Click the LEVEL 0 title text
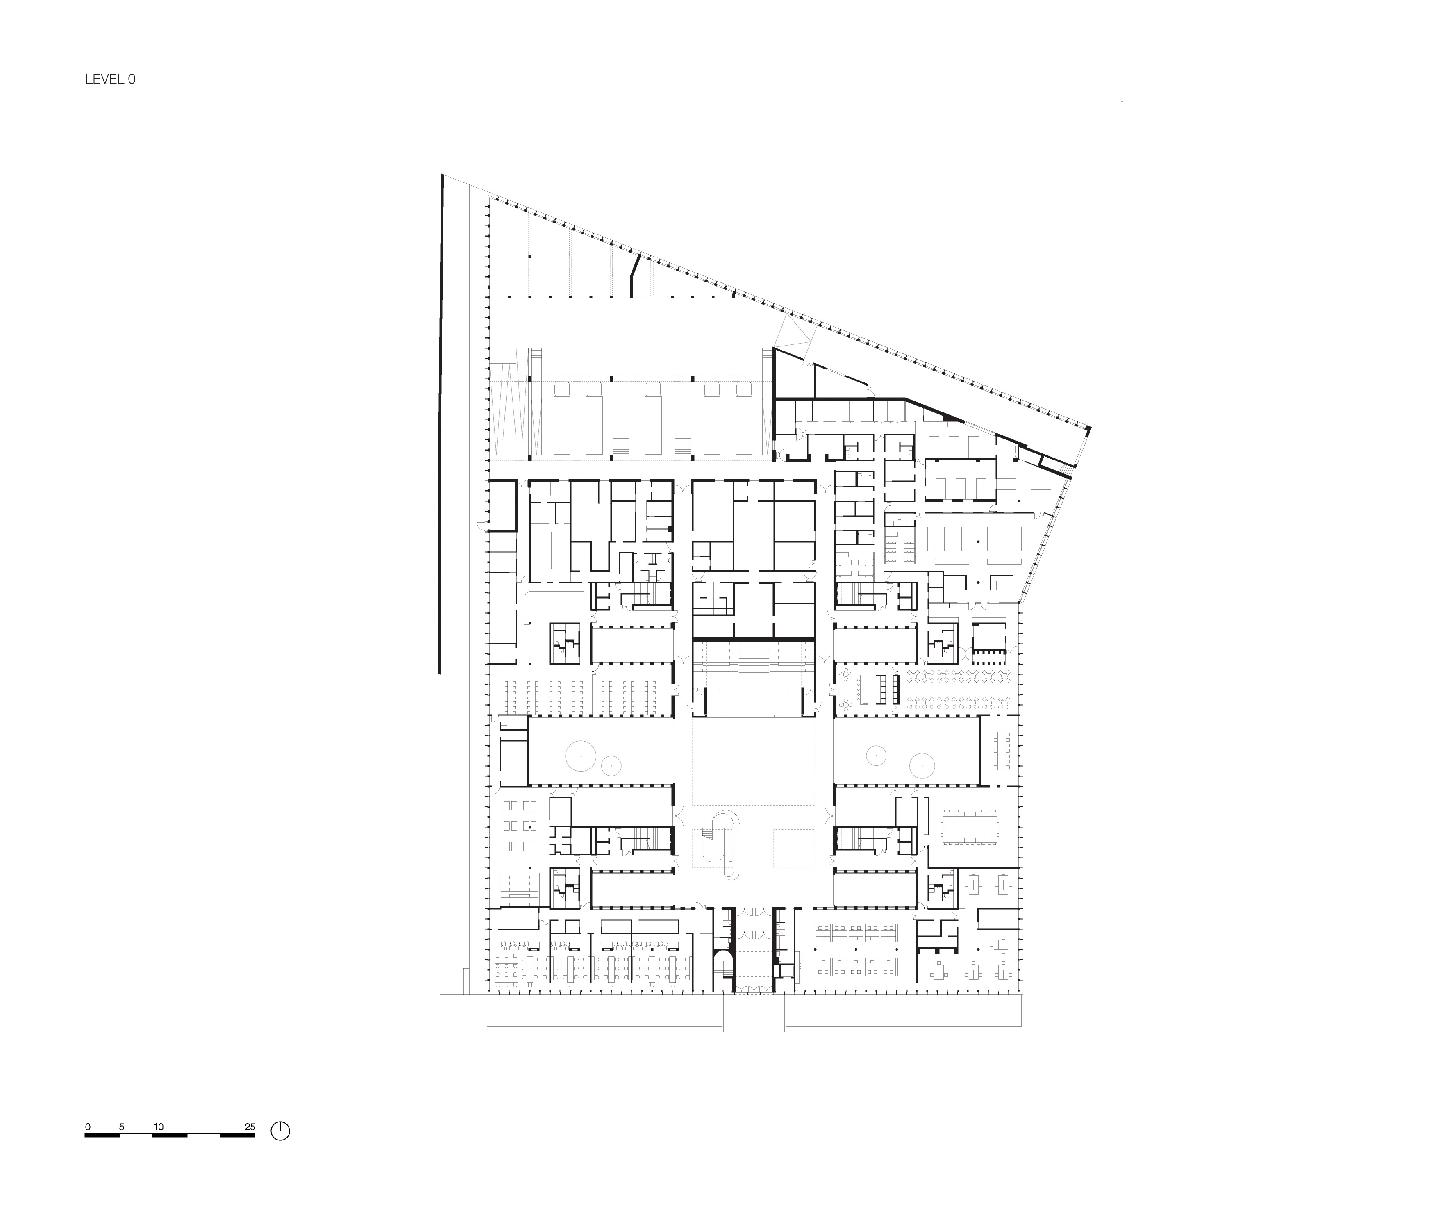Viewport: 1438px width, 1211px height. (x=111, y=80)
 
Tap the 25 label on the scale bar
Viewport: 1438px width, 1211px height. (x=250, y=1127)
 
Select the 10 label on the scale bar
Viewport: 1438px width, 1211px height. (x=159, y=1127)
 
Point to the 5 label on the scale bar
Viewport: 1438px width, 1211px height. (x=121, y=1127)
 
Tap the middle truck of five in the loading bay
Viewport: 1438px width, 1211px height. (x=653, y=419)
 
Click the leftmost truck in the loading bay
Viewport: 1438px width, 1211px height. (x=563, y=419)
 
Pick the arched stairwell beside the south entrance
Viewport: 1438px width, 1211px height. (x=723, y=970)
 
